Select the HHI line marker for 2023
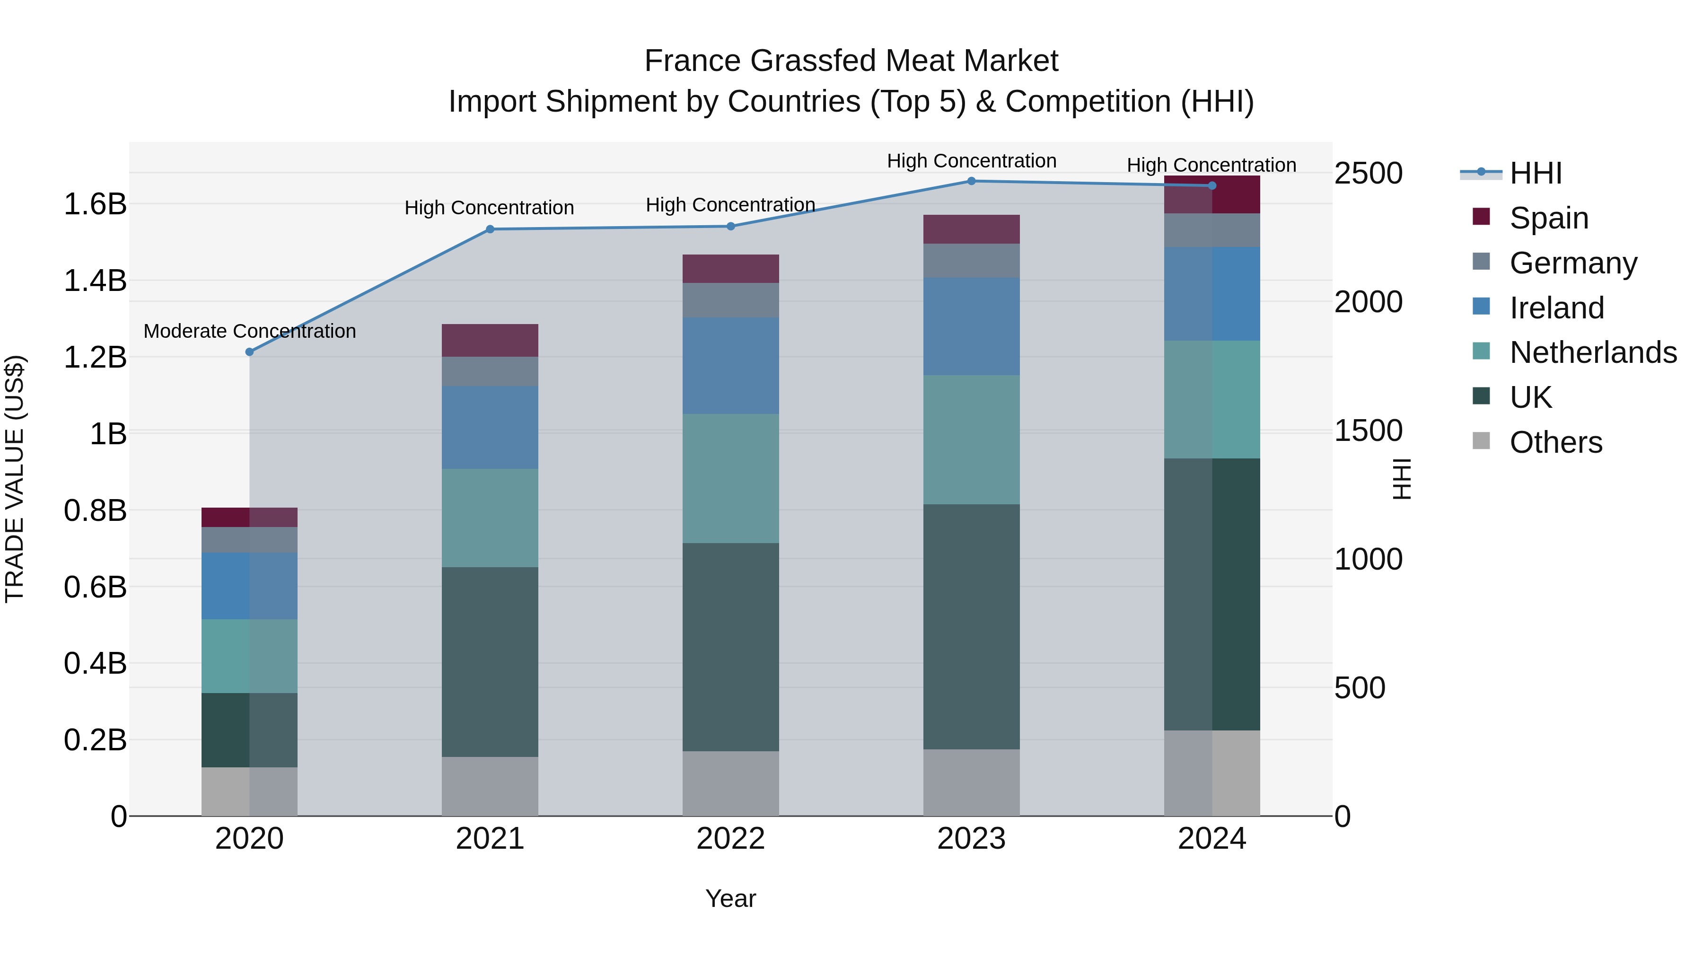pos(971,181)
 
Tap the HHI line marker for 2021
pos(490,229)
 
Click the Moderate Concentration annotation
pos(249,331)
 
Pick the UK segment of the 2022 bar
pos(730,647)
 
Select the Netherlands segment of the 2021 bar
pos(490,518)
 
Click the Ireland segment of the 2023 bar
pos(971,326)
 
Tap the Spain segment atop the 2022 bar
pos(730,268)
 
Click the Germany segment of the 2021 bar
pos(490,371)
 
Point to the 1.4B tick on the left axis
pos(95,281)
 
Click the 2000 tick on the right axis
pos(1368,302)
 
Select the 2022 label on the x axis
pos(730,839)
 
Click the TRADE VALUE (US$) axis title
pos(15,479)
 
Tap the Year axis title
pos(730,898)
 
